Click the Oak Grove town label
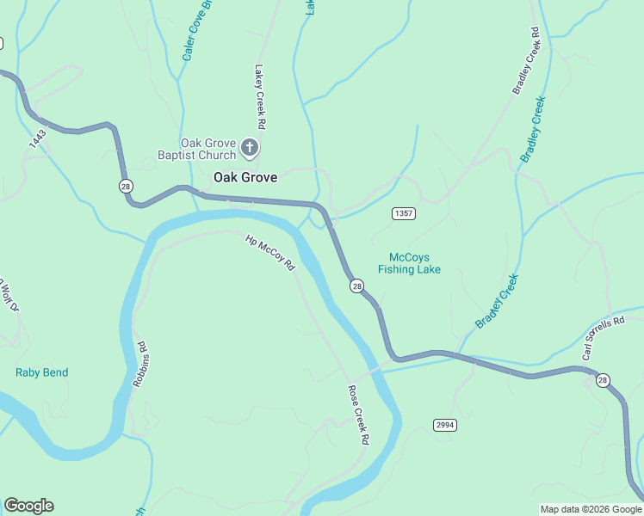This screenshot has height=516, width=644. (245, 177)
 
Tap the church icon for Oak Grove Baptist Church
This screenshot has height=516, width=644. (250, 148)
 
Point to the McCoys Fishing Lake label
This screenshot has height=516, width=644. (409, 263)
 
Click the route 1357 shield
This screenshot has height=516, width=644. (403, 213)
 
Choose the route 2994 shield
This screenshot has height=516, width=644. (444, 425)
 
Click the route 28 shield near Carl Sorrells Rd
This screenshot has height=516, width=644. (603, 380)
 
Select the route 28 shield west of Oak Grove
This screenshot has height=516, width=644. (127, 186)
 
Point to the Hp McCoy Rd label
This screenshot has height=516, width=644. (270, 254)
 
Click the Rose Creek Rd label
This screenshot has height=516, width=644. (358, 415)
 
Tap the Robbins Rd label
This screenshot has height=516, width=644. (140, 363)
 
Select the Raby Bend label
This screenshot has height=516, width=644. (41, 372)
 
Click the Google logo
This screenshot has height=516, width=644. (28, 506)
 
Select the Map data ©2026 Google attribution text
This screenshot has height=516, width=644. (590, 509)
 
